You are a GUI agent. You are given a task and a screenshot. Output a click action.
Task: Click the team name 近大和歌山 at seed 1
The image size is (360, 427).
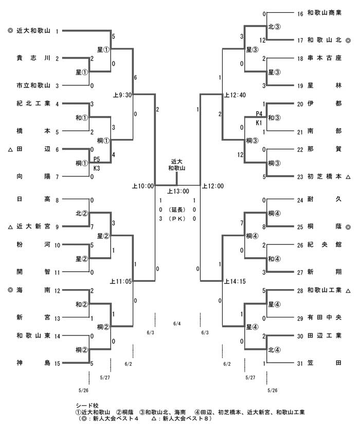tap(33, 31)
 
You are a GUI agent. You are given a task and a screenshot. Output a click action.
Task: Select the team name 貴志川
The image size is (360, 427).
tap(33, 59)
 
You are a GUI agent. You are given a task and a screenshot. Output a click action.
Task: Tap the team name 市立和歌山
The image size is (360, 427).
tap(33, 85)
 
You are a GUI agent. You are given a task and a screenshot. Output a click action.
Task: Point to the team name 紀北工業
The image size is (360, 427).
tap(33, 103)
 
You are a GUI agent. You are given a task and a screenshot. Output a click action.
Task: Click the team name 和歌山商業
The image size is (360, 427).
tap(325, 12)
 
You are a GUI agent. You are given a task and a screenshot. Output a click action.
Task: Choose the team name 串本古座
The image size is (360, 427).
tap(325, 59)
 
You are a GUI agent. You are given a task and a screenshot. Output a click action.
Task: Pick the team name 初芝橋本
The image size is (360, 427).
tap(325, 176)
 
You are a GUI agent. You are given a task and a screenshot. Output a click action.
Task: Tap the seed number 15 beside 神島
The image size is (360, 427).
tap(58, 364)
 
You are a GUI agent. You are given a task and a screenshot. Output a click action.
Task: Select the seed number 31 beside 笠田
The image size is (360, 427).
tap(300, 364)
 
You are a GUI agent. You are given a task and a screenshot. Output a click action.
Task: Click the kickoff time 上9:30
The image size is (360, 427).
tap(122, 95)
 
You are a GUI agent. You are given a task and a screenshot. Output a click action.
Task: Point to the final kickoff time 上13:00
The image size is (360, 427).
tap(177, 191)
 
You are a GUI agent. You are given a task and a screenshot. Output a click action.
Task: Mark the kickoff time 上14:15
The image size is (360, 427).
tap(235, 281)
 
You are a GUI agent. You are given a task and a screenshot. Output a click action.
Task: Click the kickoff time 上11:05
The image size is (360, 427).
tap(121, 281)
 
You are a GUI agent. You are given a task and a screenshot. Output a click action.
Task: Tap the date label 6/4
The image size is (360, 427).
tap(177, 324)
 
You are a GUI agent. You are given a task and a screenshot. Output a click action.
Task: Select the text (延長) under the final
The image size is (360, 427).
tap(177, 209)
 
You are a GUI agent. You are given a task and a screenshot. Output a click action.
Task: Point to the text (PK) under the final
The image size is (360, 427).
tap(177, 219)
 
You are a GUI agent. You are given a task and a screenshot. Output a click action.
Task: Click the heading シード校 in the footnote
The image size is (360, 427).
tap(85, 405)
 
